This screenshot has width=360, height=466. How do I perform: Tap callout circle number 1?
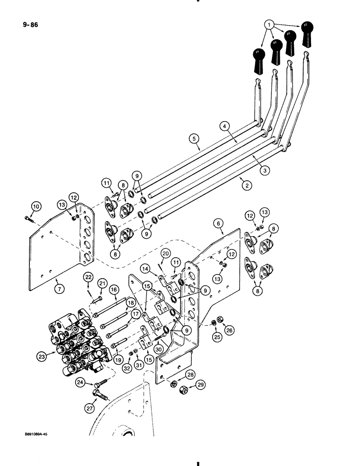click(269, 24)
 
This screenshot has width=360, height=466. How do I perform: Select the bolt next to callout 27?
click(103, 397)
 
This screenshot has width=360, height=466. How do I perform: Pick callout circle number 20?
click(165, 254)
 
